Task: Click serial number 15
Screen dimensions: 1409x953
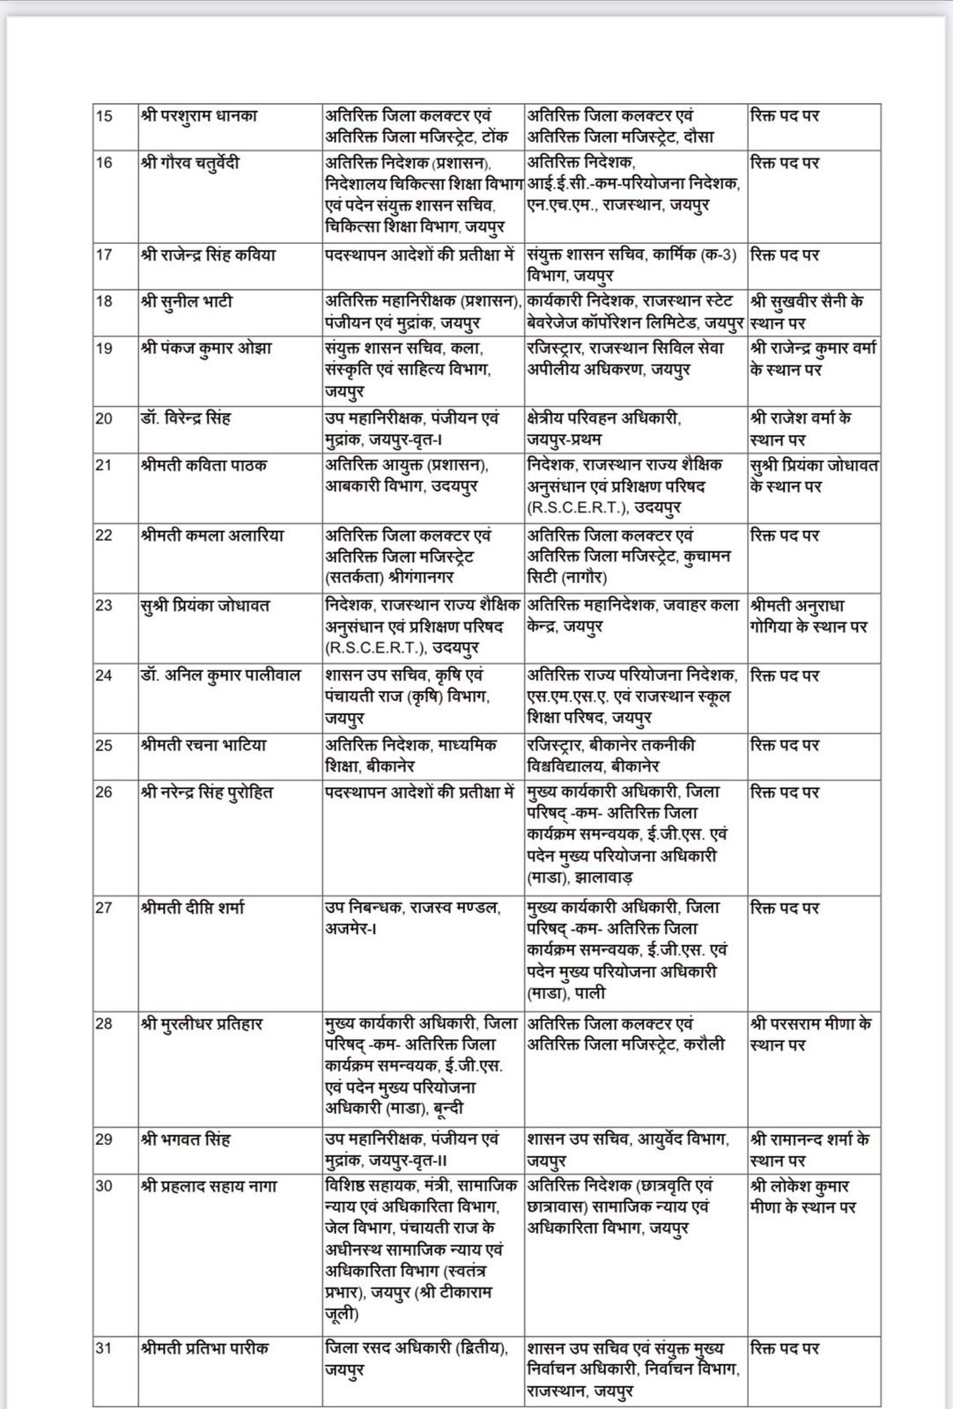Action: (105, 115)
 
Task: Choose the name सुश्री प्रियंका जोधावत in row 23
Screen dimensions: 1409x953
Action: (205, 606)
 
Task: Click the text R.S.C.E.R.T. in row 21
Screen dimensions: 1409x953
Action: (567, 508)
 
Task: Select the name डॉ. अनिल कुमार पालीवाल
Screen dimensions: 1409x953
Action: (220, 675)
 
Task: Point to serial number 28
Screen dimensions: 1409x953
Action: (105, 1024)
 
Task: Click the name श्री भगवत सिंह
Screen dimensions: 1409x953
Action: (185, 1140)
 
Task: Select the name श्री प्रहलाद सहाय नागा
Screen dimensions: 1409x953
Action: (209, 1186)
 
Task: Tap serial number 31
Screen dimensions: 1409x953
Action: (105, 1348)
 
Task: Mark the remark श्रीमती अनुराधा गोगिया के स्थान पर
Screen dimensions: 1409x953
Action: (809, 616)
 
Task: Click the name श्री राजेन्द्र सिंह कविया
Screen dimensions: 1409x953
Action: (208, 255)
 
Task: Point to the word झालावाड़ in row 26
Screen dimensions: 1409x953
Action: (605, 878)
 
